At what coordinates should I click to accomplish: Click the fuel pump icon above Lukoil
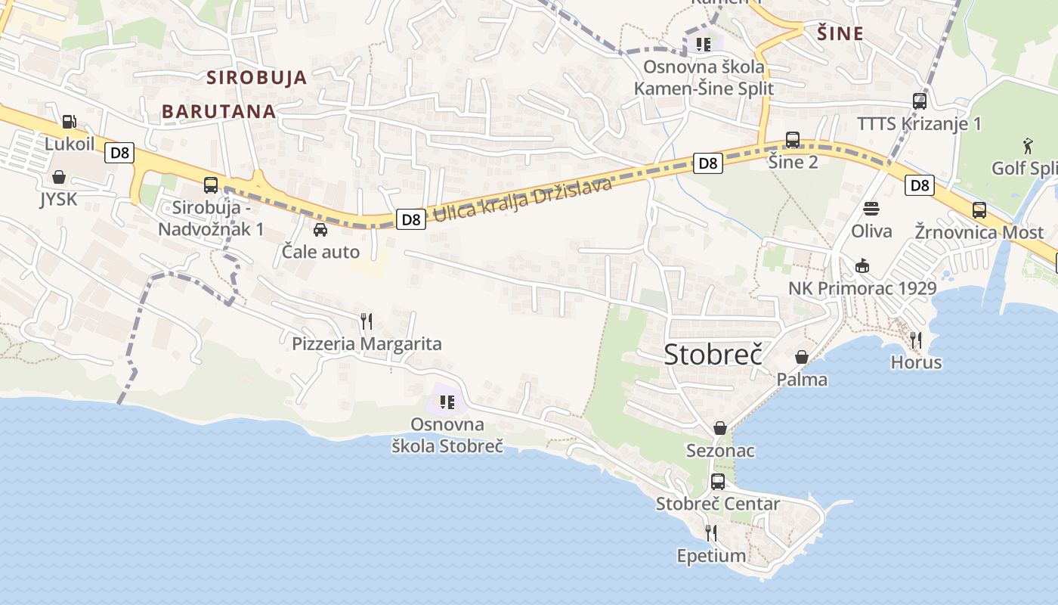pos(69,121)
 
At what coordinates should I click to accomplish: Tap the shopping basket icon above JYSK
pos(59,177)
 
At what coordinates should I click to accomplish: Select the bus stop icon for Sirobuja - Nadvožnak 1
pos(211,185)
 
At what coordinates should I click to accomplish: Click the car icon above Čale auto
pos(320,229)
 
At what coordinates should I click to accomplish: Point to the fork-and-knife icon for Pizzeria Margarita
pos(367,321)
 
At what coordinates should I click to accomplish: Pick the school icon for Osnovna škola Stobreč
pos(447,402)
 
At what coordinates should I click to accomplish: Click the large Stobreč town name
pos(712,354)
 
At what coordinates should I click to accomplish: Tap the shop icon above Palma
pos(802,357)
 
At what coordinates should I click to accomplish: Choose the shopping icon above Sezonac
pos(720,429)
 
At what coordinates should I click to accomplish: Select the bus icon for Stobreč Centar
pos(718,481)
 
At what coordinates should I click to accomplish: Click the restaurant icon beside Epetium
pos(710,533)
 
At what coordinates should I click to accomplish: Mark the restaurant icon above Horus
pos(916,340)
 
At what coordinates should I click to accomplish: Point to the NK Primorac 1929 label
pos(862,288)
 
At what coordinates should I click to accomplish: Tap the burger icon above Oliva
pos(871,208)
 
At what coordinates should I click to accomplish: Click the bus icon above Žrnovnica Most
pos(979,209)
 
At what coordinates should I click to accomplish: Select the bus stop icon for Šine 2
pos(793,139)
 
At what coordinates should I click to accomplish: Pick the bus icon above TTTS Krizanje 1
pos(920,101)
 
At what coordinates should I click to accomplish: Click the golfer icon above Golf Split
pos(1028,145)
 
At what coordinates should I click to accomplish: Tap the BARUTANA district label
pos(218,111)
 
